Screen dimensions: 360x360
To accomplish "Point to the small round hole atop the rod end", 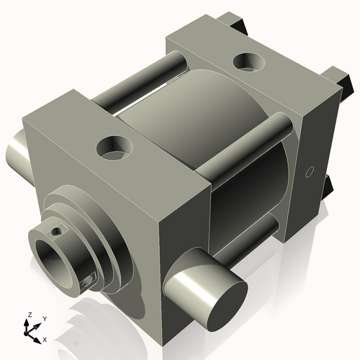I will point(53,231).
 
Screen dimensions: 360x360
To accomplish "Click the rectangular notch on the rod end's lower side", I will point(89,281).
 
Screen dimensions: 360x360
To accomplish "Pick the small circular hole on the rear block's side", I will point(310,171).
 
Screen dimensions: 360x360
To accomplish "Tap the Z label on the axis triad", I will point(28,315).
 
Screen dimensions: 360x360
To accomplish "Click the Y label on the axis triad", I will point(45,318).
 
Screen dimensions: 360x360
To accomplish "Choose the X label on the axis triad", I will point(45,338).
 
